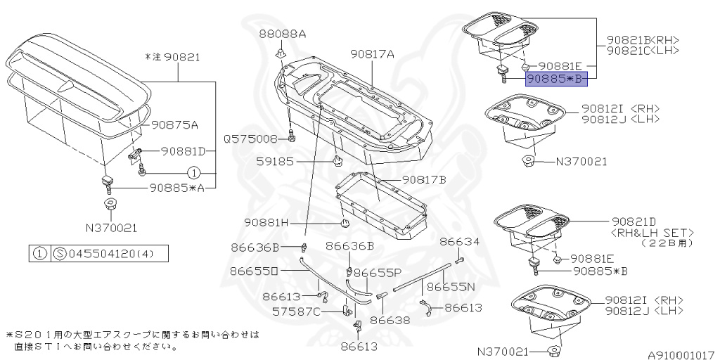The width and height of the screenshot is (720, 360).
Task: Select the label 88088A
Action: click(282, 34)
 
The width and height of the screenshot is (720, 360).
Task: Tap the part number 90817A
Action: click(372, 53)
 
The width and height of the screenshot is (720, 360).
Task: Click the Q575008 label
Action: click(251, 139)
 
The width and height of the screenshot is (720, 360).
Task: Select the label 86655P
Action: click(377, 272)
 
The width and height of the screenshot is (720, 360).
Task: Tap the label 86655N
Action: click(451, 287)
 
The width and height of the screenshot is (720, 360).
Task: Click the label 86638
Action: click(390, 320)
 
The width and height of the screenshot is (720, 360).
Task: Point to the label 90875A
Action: click(174, 125)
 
